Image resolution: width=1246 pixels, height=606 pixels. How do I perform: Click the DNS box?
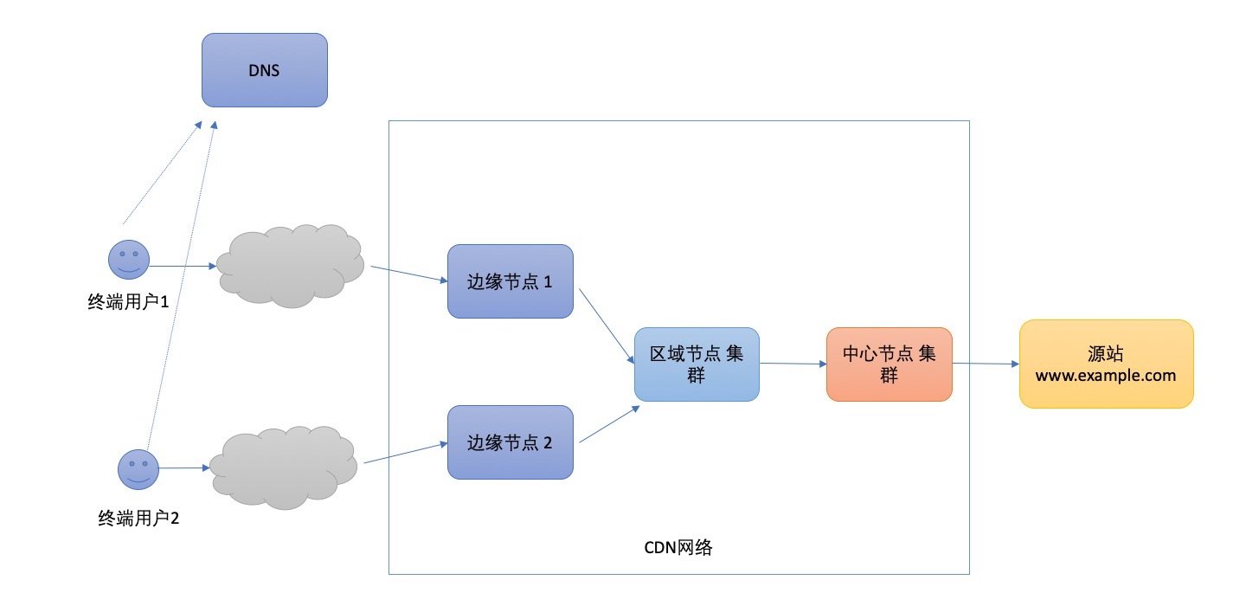coord(265,70)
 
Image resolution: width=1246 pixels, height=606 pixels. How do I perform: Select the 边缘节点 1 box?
coord(511,281)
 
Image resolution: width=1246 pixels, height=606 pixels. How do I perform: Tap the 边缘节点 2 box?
coord(511,442)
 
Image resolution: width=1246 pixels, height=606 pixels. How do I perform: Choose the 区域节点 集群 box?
coord(697,364)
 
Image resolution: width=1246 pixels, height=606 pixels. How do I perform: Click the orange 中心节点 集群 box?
coord(889,364)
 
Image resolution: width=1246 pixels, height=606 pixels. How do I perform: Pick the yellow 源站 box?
coord(1106,364)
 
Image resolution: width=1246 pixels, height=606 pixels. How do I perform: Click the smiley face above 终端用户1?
coord(128,259)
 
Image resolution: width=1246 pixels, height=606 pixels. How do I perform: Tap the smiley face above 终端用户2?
coord(138,468)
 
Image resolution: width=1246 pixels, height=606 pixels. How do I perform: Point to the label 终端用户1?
coord(128,302)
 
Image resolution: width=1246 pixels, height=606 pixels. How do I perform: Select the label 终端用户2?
coord(138,519)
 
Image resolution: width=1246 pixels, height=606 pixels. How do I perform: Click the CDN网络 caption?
coord(678,548)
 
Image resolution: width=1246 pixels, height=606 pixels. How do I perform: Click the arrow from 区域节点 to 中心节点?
coord(792,364)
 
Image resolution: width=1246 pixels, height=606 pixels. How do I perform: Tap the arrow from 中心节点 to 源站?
coord(985,364)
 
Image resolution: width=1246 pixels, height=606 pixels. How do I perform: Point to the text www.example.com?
coord(1106,376)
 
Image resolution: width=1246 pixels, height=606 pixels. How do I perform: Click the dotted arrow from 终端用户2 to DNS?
coord(182,286)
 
